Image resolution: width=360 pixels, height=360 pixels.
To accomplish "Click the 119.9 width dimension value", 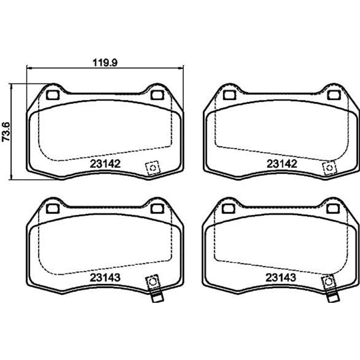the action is [105, 62].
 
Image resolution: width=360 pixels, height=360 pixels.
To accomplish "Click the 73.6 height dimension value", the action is [6, 132].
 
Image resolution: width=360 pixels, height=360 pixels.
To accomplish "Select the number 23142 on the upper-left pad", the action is [105, 164].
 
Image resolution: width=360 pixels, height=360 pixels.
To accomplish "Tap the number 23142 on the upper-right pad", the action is [282, 164].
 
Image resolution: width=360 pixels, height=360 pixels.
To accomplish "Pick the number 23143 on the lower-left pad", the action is [105, 277].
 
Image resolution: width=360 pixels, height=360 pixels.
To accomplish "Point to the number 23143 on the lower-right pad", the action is [281, 277].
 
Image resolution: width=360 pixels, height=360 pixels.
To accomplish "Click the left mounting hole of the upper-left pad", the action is [53, 95].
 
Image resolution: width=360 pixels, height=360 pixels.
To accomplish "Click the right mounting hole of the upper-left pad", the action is [157, 95].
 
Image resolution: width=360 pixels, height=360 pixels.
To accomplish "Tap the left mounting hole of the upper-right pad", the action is [229, 95].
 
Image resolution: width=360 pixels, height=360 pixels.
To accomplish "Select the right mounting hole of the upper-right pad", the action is [334, 95].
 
